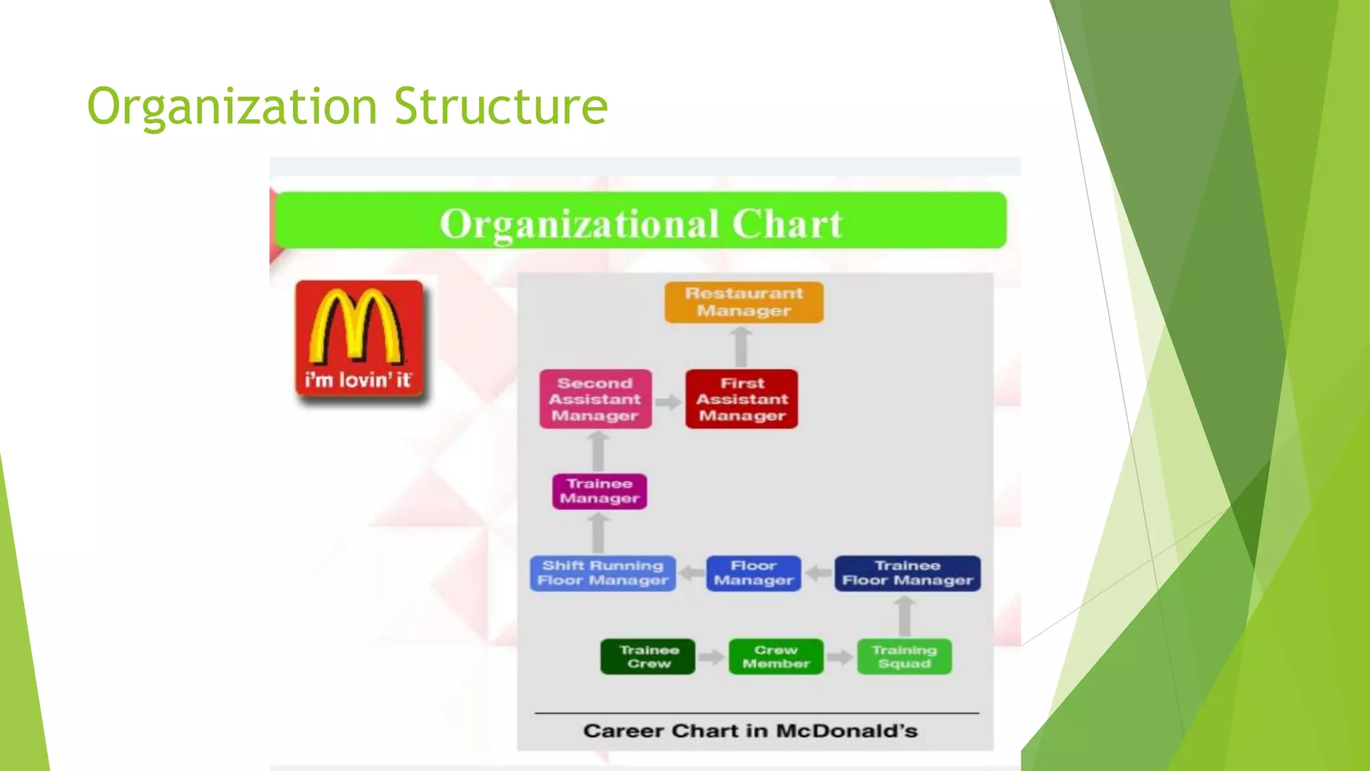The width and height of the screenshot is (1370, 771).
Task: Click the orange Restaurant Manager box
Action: [x=744, y=303]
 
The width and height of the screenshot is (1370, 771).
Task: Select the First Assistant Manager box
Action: [x=742, y=400]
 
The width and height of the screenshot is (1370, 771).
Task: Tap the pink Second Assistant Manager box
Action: [x=595, y=400]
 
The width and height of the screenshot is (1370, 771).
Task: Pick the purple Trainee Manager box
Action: [x=599, y=491]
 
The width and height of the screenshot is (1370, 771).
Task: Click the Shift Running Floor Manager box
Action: [x=603, y=574]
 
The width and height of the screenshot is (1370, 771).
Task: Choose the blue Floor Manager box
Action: [x=753, y=574]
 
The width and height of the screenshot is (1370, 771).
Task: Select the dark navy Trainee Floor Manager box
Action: [x=907, y=574]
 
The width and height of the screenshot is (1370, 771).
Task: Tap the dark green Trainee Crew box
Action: [x=648, y=657]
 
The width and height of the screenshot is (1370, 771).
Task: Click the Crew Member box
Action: [x=776, y=657]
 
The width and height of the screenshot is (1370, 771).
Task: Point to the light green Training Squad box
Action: [x=904, y=657]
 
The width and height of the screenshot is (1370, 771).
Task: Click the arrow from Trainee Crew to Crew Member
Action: [x=712, y=657]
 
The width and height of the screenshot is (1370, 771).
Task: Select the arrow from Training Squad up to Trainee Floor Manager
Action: [x=904, y=616]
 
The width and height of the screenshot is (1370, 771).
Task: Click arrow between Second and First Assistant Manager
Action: [x=668, y=402]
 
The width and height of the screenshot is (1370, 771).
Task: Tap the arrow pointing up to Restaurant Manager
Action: [x=741, y=346]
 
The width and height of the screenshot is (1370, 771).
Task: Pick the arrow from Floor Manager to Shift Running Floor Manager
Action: [x=691, y=574]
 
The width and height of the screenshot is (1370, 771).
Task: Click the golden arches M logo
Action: [x=358, y=327]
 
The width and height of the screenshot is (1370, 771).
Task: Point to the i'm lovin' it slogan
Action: [x=358, y=380]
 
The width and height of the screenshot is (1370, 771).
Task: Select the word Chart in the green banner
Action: [x=787, y=224]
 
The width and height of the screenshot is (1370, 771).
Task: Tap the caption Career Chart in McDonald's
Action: [x=750, y=731]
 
